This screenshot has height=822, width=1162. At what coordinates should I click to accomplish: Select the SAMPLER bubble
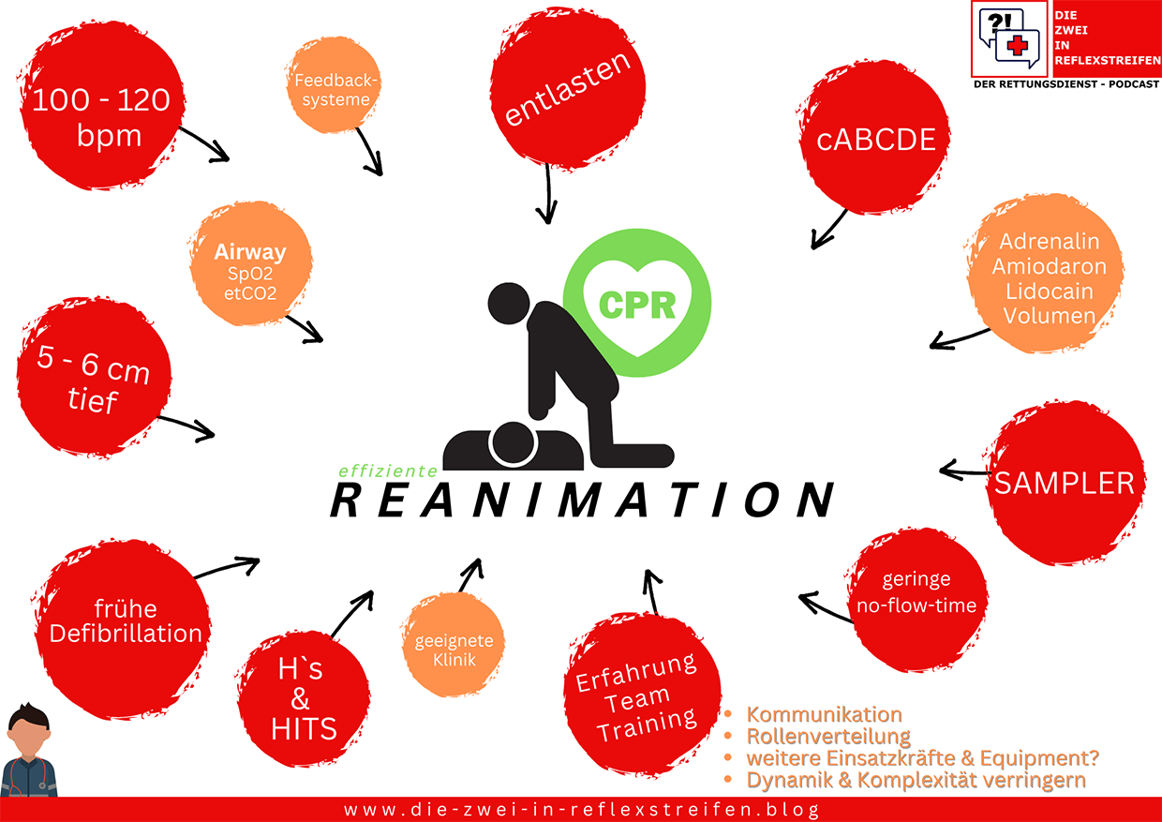[x=1064, y=484]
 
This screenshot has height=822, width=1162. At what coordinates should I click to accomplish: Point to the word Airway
[x=249, y=252]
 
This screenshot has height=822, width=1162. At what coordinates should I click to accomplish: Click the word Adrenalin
[x=1052, y=241]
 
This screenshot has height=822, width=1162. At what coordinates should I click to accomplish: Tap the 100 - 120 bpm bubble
[x=100, y=117]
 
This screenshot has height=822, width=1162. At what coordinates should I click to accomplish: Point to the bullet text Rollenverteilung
[x=828, y=737]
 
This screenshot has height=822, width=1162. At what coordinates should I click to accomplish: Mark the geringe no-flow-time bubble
[x=916, y=593]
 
